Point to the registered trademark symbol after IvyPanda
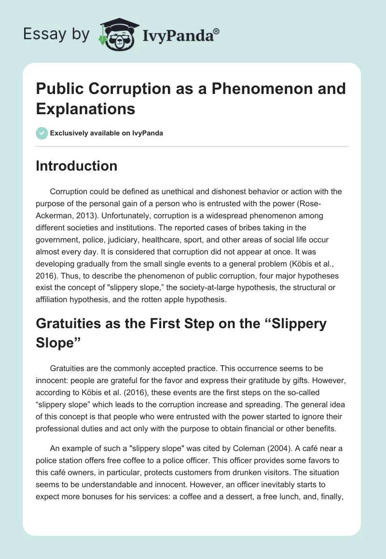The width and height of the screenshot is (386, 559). (217, 31)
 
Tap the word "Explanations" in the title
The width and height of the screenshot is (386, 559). (85, 109)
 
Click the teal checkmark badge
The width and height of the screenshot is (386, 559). (41, 133)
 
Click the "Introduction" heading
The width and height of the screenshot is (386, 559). (77, 166)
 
